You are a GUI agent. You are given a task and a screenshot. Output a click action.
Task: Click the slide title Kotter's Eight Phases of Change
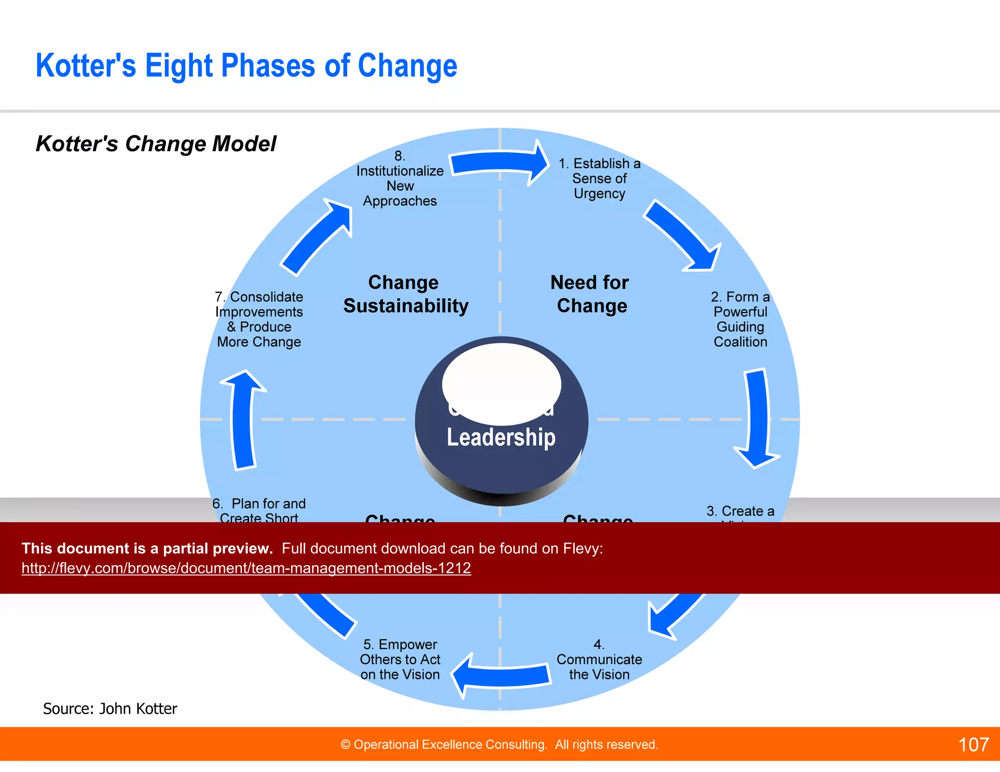246,66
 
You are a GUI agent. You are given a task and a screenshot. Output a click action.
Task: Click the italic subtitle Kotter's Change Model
156,144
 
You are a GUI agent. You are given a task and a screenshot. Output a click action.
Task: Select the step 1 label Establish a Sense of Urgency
599,179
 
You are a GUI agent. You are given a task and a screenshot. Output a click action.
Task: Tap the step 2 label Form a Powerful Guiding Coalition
740,319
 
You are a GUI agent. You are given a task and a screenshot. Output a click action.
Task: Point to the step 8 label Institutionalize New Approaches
400,179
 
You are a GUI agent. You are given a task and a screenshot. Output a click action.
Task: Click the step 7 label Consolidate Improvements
259,319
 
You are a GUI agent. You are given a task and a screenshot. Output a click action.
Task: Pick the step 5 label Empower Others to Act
400,659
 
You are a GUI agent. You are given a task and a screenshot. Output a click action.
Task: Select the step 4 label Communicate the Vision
599,660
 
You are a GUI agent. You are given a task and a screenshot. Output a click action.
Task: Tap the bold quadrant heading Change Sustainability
405,294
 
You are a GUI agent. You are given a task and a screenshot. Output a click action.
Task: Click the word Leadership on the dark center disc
501,437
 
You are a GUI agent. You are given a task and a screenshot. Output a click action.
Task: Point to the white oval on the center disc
501,384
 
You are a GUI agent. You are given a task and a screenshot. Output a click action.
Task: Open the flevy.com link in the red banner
246,568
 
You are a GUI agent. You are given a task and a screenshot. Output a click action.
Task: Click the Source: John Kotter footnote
110,709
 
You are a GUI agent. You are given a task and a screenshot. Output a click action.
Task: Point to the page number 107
973,745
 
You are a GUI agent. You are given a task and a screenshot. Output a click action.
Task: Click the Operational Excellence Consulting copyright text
499,745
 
